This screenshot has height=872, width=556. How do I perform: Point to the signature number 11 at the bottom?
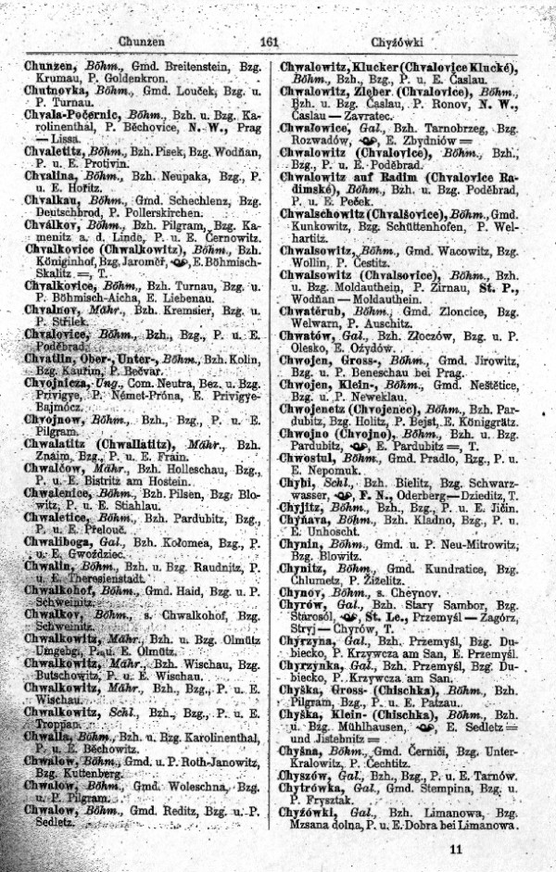click(454, 848)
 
